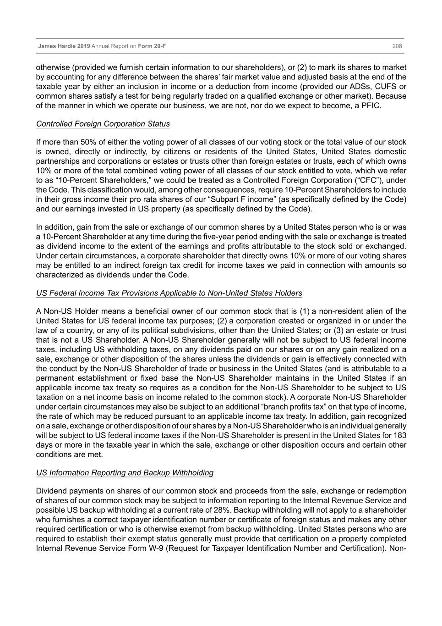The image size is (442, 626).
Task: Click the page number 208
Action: pos(397,46)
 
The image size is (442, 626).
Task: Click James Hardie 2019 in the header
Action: pos(64,46)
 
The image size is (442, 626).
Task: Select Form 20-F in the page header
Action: pos(152,46)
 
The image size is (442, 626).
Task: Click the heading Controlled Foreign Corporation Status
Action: pos(103,124)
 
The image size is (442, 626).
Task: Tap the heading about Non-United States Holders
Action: pos(169,293)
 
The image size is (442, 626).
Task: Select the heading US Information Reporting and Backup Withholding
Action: pos(125,473)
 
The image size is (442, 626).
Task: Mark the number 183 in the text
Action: pos(399,435)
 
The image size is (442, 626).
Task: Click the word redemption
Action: pos(385,491)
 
